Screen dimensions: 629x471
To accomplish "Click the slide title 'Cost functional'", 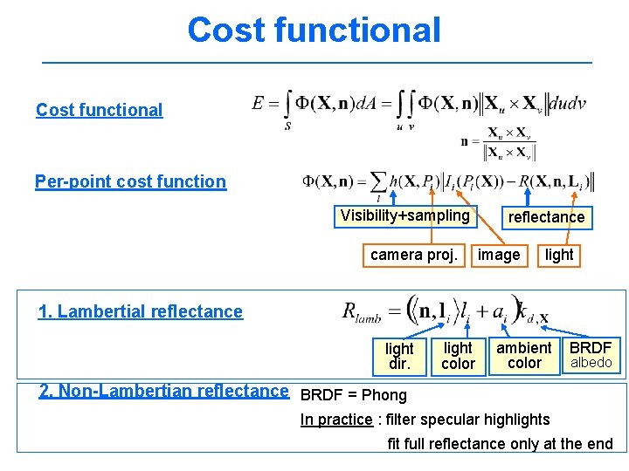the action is pyautogui.click(x=314, y=30).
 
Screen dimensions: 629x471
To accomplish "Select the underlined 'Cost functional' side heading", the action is pyautogui.click(x=99, y=110).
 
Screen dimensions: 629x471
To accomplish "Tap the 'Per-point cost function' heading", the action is pyautogui.click(x=130, y=181).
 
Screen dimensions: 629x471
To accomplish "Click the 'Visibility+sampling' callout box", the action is pyautogui.click(x=404, y=215).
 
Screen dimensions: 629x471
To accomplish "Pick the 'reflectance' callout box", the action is pyautogui.click(x=546, y=217).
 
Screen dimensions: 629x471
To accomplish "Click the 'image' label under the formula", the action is pyautogui.click(x=499, y=255).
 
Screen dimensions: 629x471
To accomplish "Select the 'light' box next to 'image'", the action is pyautogui.click(x=558, y=255).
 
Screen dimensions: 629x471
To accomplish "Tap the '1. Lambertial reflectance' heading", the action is pyautogui.click(x=140, y=311).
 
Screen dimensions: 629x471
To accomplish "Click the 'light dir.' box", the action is pyautogui.click(x=399, y=356).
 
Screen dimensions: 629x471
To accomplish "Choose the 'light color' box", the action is pyautogui.click(x=458, y=356).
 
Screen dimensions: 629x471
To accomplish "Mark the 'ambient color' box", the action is pyautogui.click(x=523, y=355).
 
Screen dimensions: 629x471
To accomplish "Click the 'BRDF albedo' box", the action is pyautogui.click(x=591, y=355).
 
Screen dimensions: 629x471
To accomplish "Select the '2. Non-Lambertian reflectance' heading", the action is pyautogui.click(x=164, y=391).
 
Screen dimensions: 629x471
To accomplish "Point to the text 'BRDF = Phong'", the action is pyautogui.click(x=353, y=393).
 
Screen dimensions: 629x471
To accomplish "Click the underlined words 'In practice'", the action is pyautogui.click(x=336, y=420).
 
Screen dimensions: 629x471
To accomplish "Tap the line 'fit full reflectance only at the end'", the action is pyautogui.click(x=500, y=444).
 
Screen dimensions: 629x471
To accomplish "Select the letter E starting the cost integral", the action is pyautogui.click(x=259, y=104).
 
